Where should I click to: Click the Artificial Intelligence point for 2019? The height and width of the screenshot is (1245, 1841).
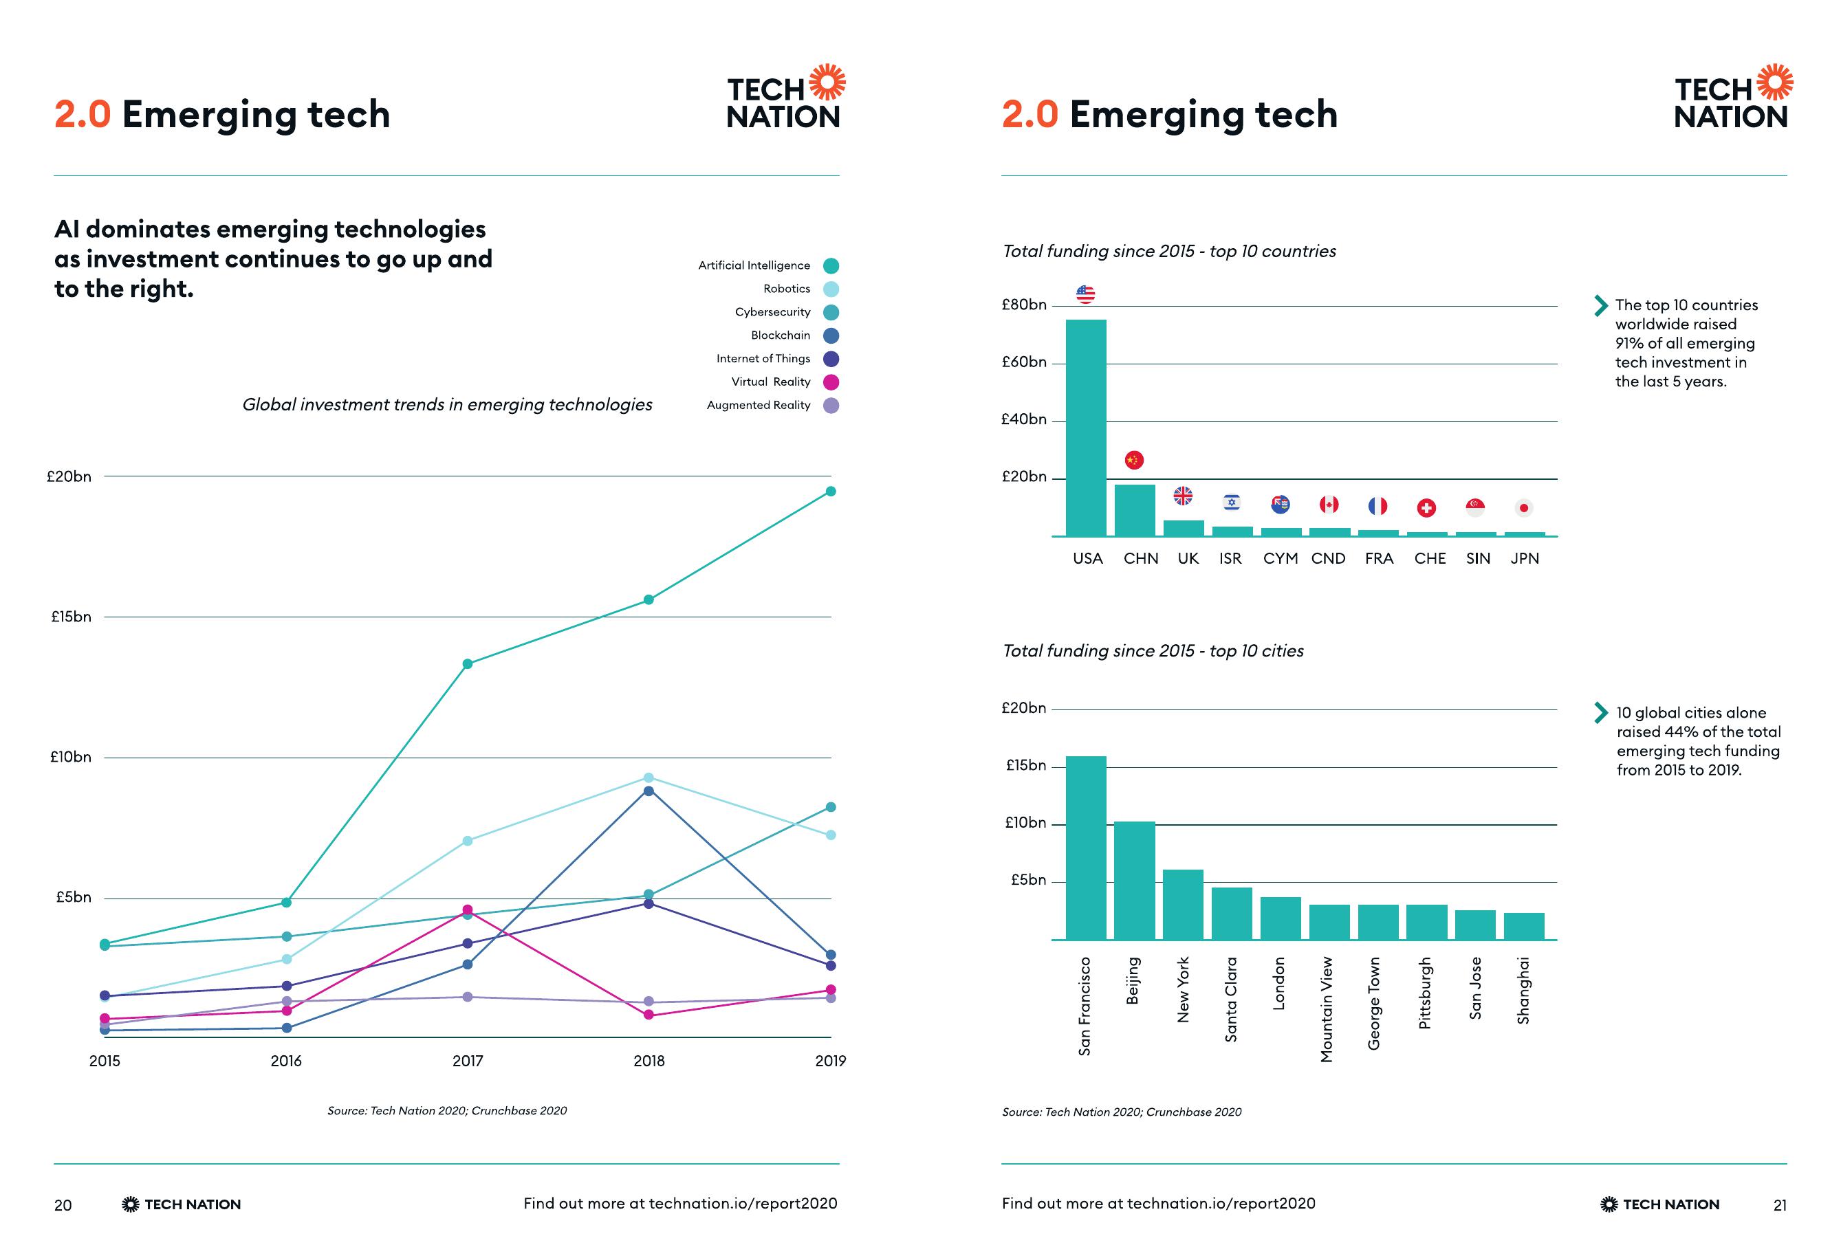click(831, 492)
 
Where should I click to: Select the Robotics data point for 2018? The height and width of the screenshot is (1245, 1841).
click(649, 778)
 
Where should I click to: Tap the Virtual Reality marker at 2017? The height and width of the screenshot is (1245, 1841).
click(468, 910)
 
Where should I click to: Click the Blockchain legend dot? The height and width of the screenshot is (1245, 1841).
click(831, 335)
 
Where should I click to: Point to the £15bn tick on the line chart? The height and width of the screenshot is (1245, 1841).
click(72, 617)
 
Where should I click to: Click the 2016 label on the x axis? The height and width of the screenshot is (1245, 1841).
click(286, 1061)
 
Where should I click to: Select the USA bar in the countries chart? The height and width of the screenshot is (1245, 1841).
click(1085, 428)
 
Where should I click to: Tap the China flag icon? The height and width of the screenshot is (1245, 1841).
click(1135, 460)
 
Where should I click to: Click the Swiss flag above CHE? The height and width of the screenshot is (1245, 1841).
click(1426, 507)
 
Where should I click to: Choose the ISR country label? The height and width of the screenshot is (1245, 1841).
click(1230, 558)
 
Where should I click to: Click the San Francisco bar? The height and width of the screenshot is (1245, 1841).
click(1085, 848)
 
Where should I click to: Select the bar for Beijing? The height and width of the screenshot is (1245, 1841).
click(1135, 881)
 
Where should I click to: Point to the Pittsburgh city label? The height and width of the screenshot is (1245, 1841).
click(1425, 993)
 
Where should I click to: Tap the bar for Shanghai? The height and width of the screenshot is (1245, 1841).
click(1524, 926)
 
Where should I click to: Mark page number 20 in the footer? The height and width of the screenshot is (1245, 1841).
click(63, 1205)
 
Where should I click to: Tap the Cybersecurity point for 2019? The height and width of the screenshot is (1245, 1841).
click(831, 807)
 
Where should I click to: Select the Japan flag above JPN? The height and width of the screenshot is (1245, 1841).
click(1523, 507)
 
